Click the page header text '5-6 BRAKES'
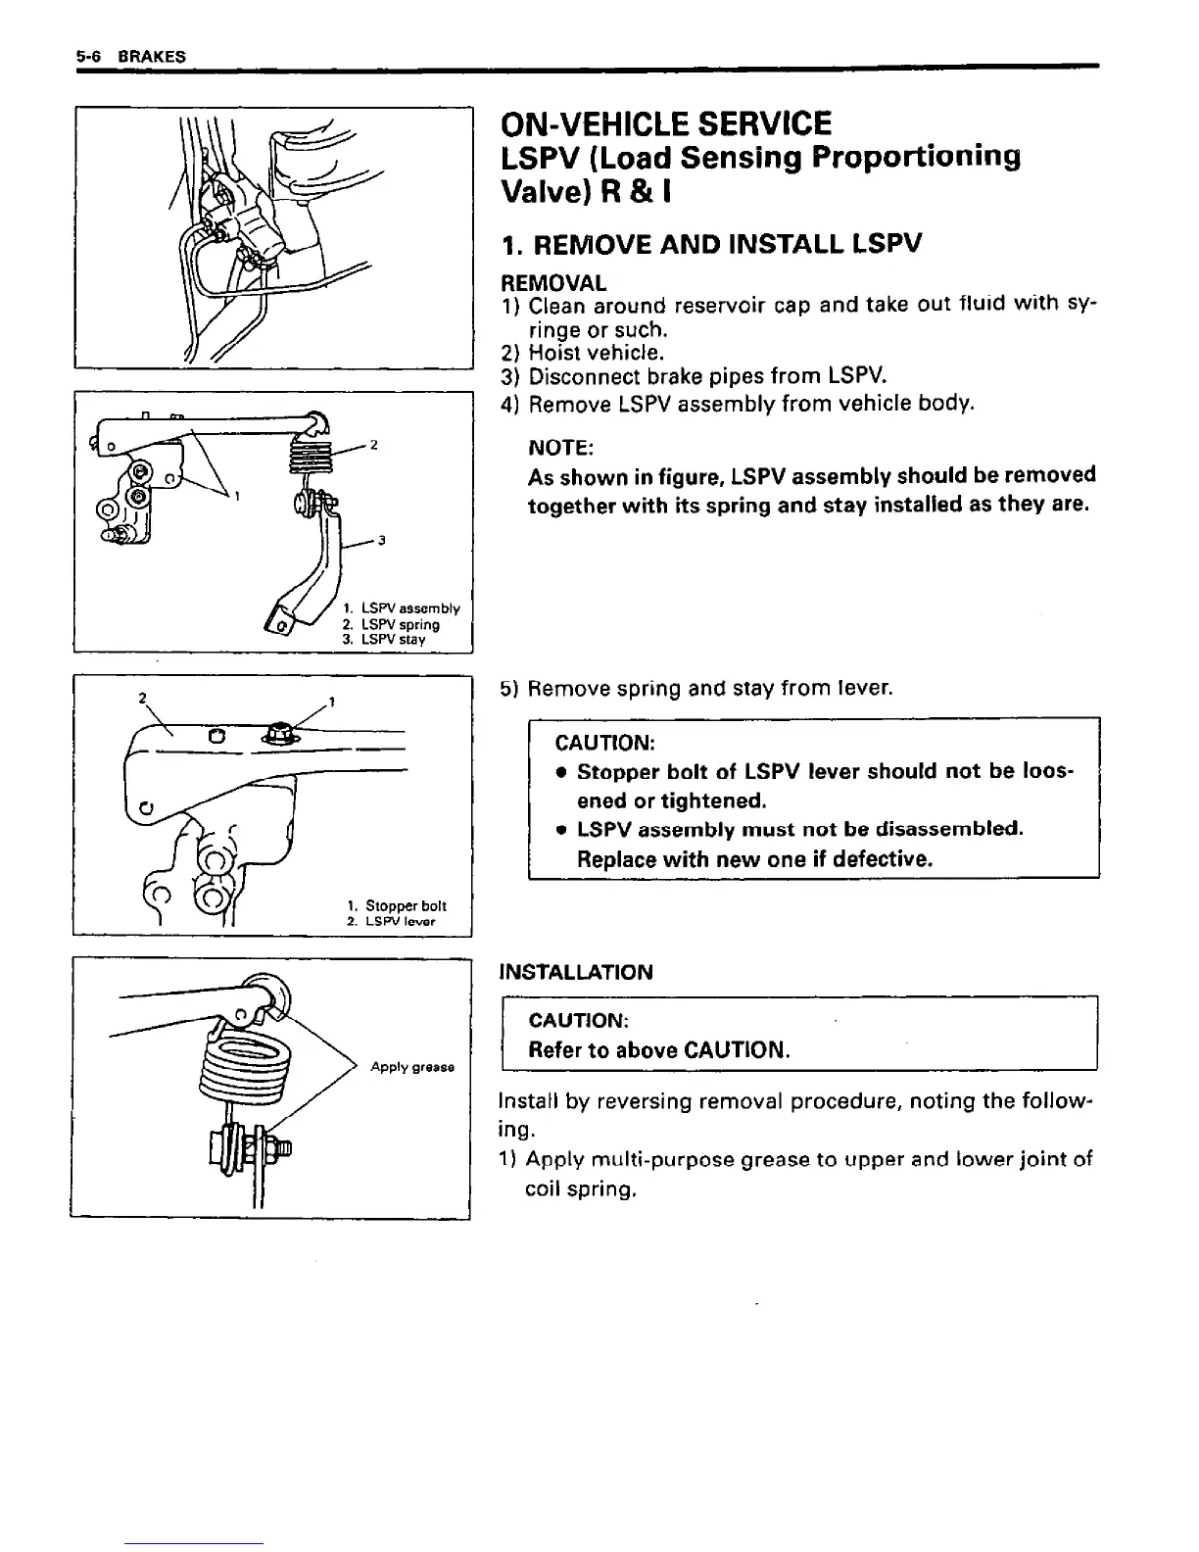[x=130, y=56]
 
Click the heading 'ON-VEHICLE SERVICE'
[x=665, y=124]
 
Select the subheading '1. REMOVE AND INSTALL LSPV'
[x=710, y=244]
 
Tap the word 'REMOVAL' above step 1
[x=552, y=283]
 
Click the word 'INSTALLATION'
[x=575, y=972]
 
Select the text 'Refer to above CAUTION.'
[x=658, y=1050]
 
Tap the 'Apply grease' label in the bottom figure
[x=411, y=1067]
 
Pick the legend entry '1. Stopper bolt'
[x=396, y=906]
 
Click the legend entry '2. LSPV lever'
[x=391, y=922]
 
